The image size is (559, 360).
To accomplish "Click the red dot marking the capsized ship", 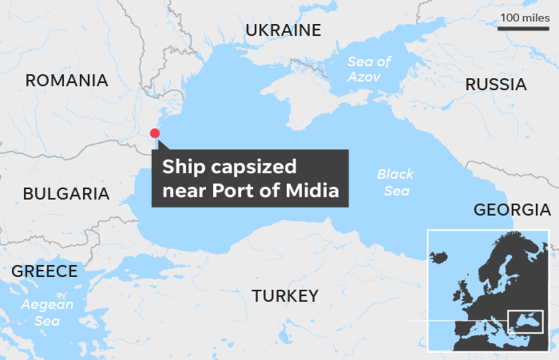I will point(155,133).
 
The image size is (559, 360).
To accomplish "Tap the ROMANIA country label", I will point(66,81).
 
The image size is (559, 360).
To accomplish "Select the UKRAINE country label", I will point(283,30).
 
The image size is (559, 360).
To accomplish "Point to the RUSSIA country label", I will point(495,85).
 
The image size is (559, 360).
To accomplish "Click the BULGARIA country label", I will point(66,194).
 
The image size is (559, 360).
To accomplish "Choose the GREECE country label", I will point(44,271).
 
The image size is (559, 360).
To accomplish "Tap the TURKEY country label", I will point(285,296).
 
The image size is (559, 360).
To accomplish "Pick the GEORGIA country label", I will point(512,210).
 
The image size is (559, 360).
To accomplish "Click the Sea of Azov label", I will point(370,69).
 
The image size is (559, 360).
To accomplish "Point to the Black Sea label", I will point(395,182).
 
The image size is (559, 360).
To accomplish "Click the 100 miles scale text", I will point(525,18).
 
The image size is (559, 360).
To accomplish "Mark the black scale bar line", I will point(524,28).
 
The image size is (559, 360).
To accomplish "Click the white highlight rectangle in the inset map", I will point(525,322).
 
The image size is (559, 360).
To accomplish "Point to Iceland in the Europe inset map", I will point(439,256).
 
